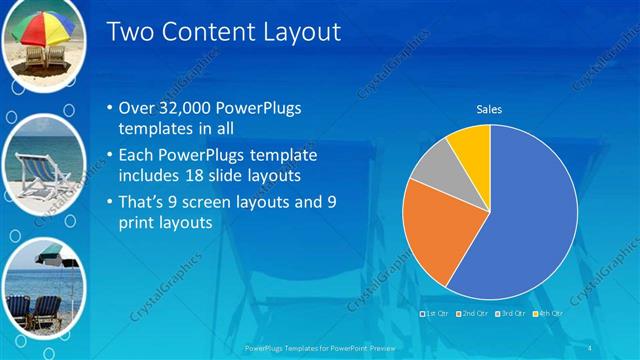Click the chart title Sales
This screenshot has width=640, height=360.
[489, 109]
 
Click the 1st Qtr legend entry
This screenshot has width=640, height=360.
[437, 314]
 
